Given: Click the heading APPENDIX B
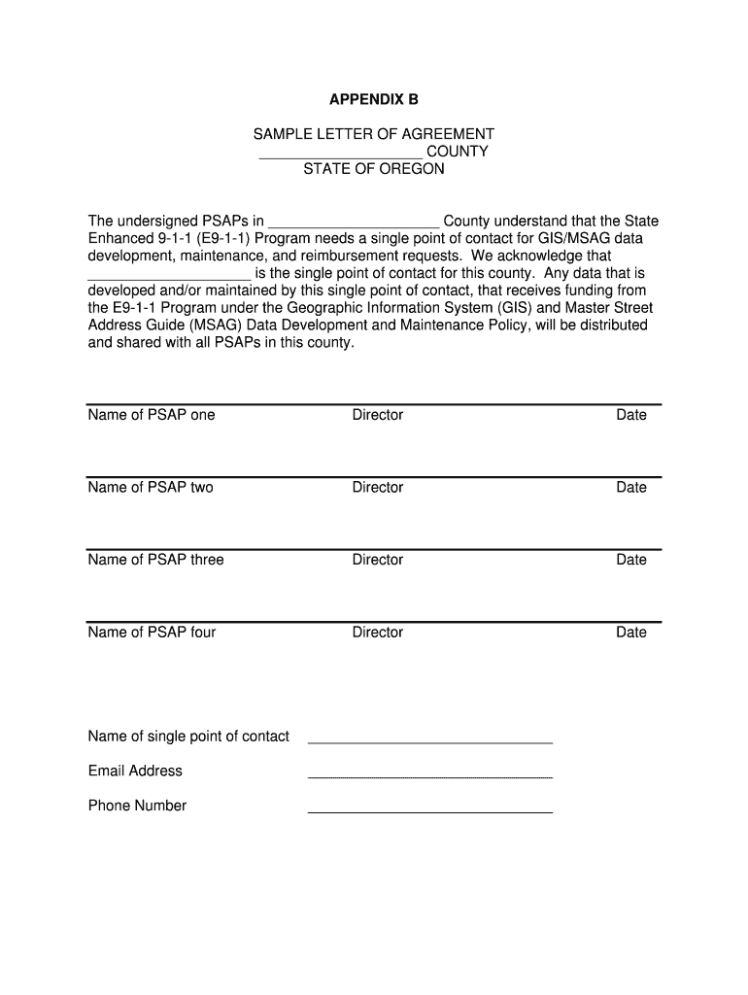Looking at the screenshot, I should [374, 99].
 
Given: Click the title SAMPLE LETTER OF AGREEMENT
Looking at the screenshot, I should [374, 134].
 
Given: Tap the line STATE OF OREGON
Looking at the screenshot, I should [374, 169].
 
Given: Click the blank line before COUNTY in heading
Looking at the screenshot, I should [341, 154].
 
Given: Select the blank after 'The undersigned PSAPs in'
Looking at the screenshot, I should [354, 223].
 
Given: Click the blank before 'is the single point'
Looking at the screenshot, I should [169, 275].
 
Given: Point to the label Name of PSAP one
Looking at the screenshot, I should [152, 415].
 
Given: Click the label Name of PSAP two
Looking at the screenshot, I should [151, 488].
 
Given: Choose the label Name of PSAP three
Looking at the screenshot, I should [155, 560].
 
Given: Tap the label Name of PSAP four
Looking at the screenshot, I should [152, 633].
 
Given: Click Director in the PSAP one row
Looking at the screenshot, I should [377, 415].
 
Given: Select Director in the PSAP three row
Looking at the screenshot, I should [377, 560].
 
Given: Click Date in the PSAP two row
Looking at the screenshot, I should [630, 488].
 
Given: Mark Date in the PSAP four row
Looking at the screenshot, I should [630, 633].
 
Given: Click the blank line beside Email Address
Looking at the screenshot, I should [429, 775].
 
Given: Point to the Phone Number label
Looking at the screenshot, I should [137, 806].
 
